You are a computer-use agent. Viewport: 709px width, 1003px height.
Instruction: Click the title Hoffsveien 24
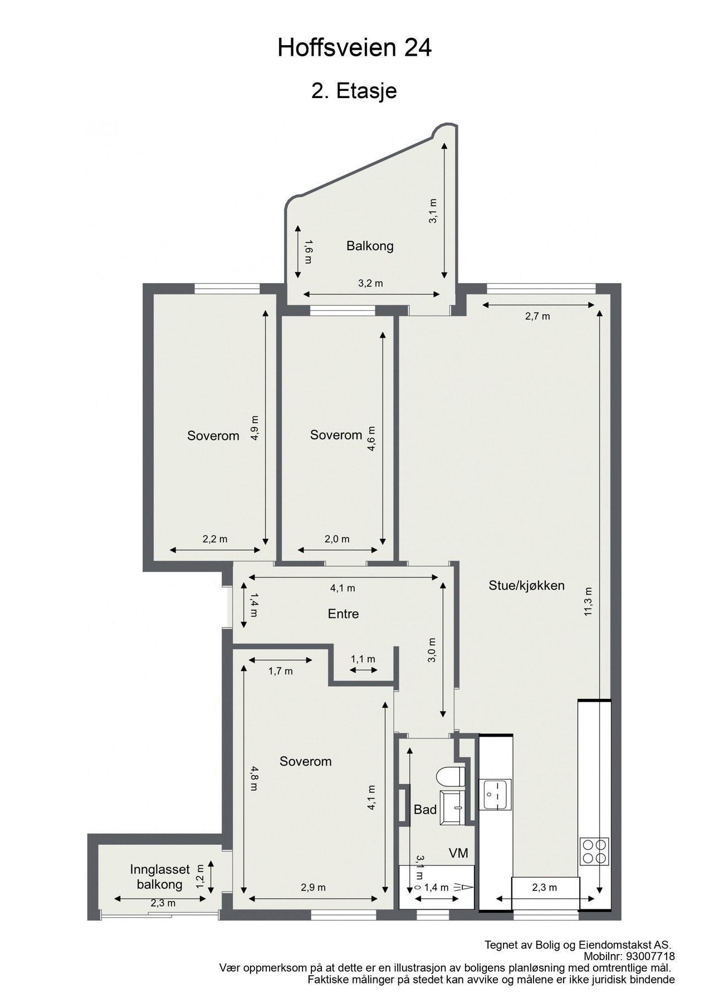click(x=354, y=48)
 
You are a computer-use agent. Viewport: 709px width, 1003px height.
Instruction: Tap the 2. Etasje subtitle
click(x=354, y=90)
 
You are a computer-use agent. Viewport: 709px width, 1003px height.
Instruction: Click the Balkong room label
click(x=370, y=246)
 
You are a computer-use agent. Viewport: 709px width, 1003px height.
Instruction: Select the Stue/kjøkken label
click(x=526, y=585)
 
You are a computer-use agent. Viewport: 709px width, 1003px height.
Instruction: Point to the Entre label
click(x=343, y=614)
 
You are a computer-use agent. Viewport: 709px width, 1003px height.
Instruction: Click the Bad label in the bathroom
click(x=425, y=810)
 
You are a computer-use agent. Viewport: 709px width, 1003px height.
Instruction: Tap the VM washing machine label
click(x=458, y=853)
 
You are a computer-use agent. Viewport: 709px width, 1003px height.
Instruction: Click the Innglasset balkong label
click(x=160, y=877)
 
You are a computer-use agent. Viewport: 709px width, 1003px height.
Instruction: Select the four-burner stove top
click(x=594, y=851)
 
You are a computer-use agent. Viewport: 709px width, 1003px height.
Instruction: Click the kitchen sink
click(x=495, y=794)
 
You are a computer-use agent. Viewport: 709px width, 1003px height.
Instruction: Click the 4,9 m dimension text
click(x=255, y=428)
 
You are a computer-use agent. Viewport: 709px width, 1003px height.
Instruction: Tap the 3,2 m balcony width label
click(x=370, y=283)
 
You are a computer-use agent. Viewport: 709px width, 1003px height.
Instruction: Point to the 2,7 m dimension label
click(x=537, y=317)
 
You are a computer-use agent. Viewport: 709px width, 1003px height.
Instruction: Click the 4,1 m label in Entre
click(x=343, y=588)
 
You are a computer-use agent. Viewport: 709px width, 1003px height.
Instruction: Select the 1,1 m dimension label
click(x=363, y=659)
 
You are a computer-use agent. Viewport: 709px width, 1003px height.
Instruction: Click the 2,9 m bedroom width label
click(x=313, y=887)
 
